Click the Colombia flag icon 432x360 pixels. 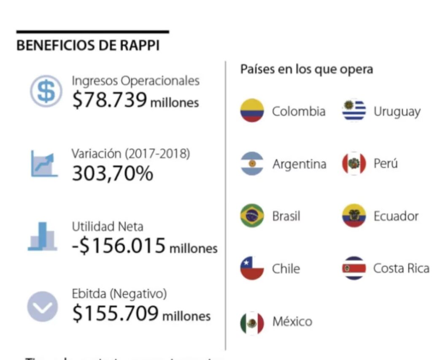tap(252, 111)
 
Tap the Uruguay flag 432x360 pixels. tap(354, 111)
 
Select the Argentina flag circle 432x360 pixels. tap(252, 163)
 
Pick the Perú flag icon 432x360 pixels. tap(354, 163)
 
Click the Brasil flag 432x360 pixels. tap(252, 216)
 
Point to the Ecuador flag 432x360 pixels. tap(354, 216)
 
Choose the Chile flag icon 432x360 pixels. tap(252, 268)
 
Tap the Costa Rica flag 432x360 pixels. tap(354, 268)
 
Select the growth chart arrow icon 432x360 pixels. tap(44, 165)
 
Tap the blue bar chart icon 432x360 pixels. tap(42, 236)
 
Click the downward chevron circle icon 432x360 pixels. tap(42, 307)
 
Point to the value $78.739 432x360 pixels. tap(110, 100)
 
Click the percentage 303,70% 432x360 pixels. tap(113, 173)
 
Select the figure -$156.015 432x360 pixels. tap(119, 246)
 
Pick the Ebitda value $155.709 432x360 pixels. tap(115, 313)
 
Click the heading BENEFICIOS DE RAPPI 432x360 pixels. tap(88, 46)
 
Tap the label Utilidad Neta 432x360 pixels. tap(107, 226)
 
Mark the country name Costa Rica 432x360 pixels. tap(401, 268)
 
